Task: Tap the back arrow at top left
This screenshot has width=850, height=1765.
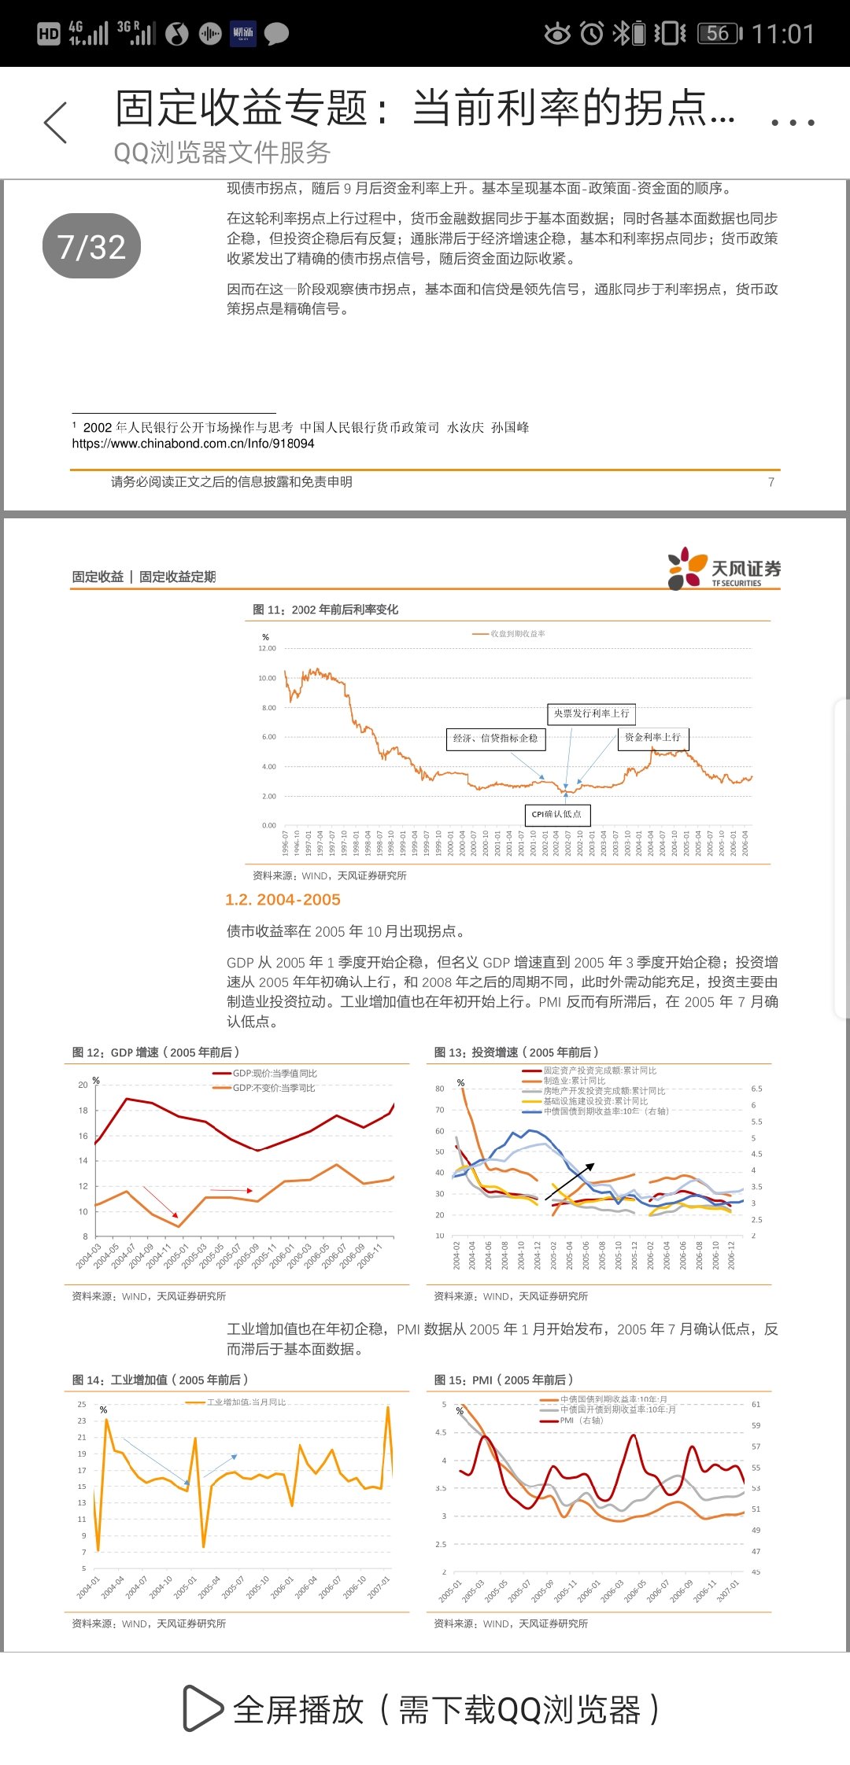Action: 56,123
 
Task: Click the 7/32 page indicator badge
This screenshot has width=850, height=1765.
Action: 91,246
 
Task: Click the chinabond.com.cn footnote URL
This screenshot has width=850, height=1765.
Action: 193,444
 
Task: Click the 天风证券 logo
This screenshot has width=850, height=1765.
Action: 723,569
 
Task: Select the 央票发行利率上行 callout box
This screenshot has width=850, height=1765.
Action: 591,713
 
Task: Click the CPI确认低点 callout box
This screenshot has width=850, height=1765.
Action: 556,814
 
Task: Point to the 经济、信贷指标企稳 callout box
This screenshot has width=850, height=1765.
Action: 496,739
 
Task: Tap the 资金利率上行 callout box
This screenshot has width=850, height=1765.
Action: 652,738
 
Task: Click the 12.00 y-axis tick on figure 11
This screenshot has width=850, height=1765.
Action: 268,649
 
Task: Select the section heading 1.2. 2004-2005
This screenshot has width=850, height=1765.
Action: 283,900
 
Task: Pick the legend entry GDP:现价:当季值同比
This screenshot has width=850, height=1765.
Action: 274,1074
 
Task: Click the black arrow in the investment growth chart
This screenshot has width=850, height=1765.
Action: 569,1182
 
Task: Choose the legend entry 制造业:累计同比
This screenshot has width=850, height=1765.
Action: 574,1081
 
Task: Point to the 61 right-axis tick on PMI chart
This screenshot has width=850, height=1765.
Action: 756,1404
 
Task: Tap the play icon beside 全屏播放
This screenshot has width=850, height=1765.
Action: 202,1708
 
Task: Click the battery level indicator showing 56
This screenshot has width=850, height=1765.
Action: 719,34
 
